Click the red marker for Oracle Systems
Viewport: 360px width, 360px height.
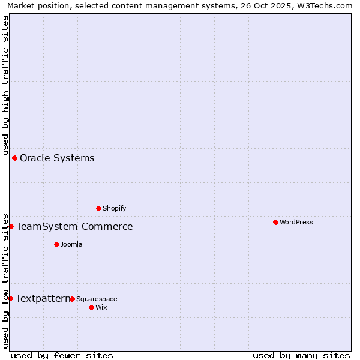point(15,158)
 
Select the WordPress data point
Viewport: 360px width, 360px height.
point(275,223)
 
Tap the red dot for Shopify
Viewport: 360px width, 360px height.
point(99,209)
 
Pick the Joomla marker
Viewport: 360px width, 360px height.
point(57,245)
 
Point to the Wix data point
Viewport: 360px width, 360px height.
point(92,308)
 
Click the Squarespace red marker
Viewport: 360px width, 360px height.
point(73,299)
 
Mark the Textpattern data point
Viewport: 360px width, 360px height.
point(11,299)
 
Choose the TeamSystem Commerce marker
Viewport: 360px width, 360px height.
point(11,227)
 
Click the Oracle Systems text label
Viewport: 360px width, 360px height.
point(57,158)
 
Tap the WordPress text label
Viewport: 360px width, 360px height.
point(296,223)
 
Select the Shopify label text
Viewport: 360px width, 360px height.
point(114,209)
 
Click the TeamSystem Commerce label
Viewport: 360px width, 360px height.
point(74,227)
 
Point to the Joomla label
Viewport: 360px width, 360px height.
point(71,245)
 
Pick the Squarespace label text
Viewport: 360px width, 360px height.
point(97,299)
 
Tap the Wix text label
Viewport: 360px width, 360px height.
point(101,308)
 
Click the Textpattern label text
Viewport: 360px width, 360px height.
point(43,299)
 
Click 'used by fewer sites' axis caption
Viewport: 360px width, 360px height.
point(62,356)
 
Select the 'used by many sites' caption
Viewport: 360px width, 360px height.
point(301,356)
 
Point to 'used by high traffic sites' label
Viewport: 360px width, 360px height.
point(5,84)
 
